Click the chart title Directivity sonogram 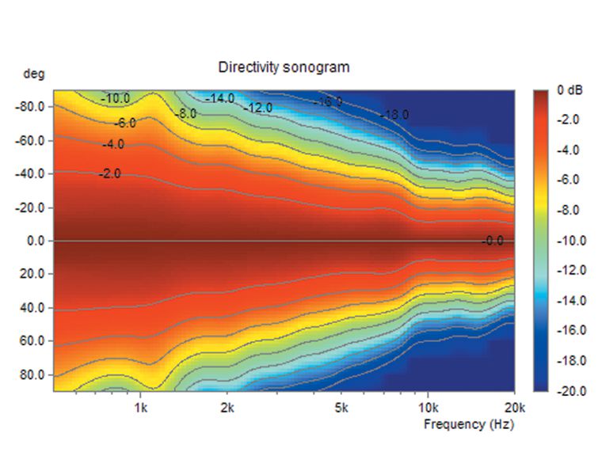(x=284, y=68)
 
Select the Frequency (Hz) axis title (x=468, y=424)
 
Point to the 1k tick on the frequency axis (x=141, y=408)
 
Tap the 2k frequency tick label (x=227, y=408)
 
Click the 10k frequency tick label (x=427, y=408)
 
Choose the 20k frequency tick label (x=513, y=408)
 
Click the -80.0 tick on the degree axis (x=32, y=106)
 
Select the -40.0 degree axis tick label (x=32, y=173)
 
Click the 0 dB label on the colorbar (x=569, y=90)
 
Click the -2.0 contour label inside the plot (x=110, y=173)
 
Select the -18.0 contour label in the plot (x=394, y=115)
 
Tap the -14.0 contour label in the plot (x=219, y=98)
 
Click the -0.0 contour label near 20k (x=493, y=241)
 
